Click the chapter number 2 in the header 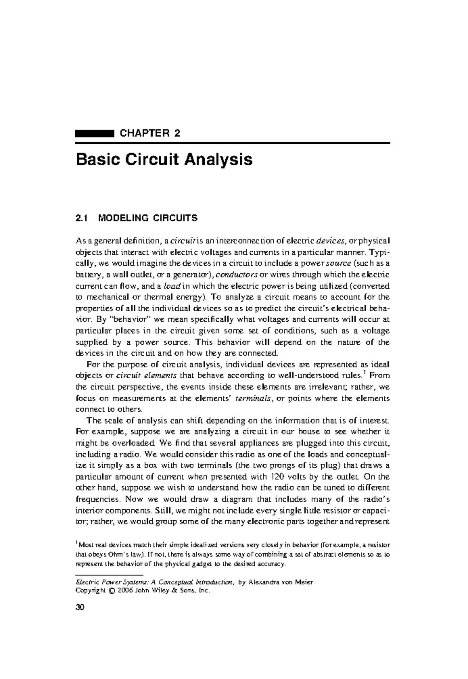(x=177, y=134)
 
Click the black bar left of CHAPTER (x=94, y=134)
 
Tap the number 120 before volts (x=273, y=477)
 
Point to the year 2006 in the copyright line (x=125, y=590)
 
